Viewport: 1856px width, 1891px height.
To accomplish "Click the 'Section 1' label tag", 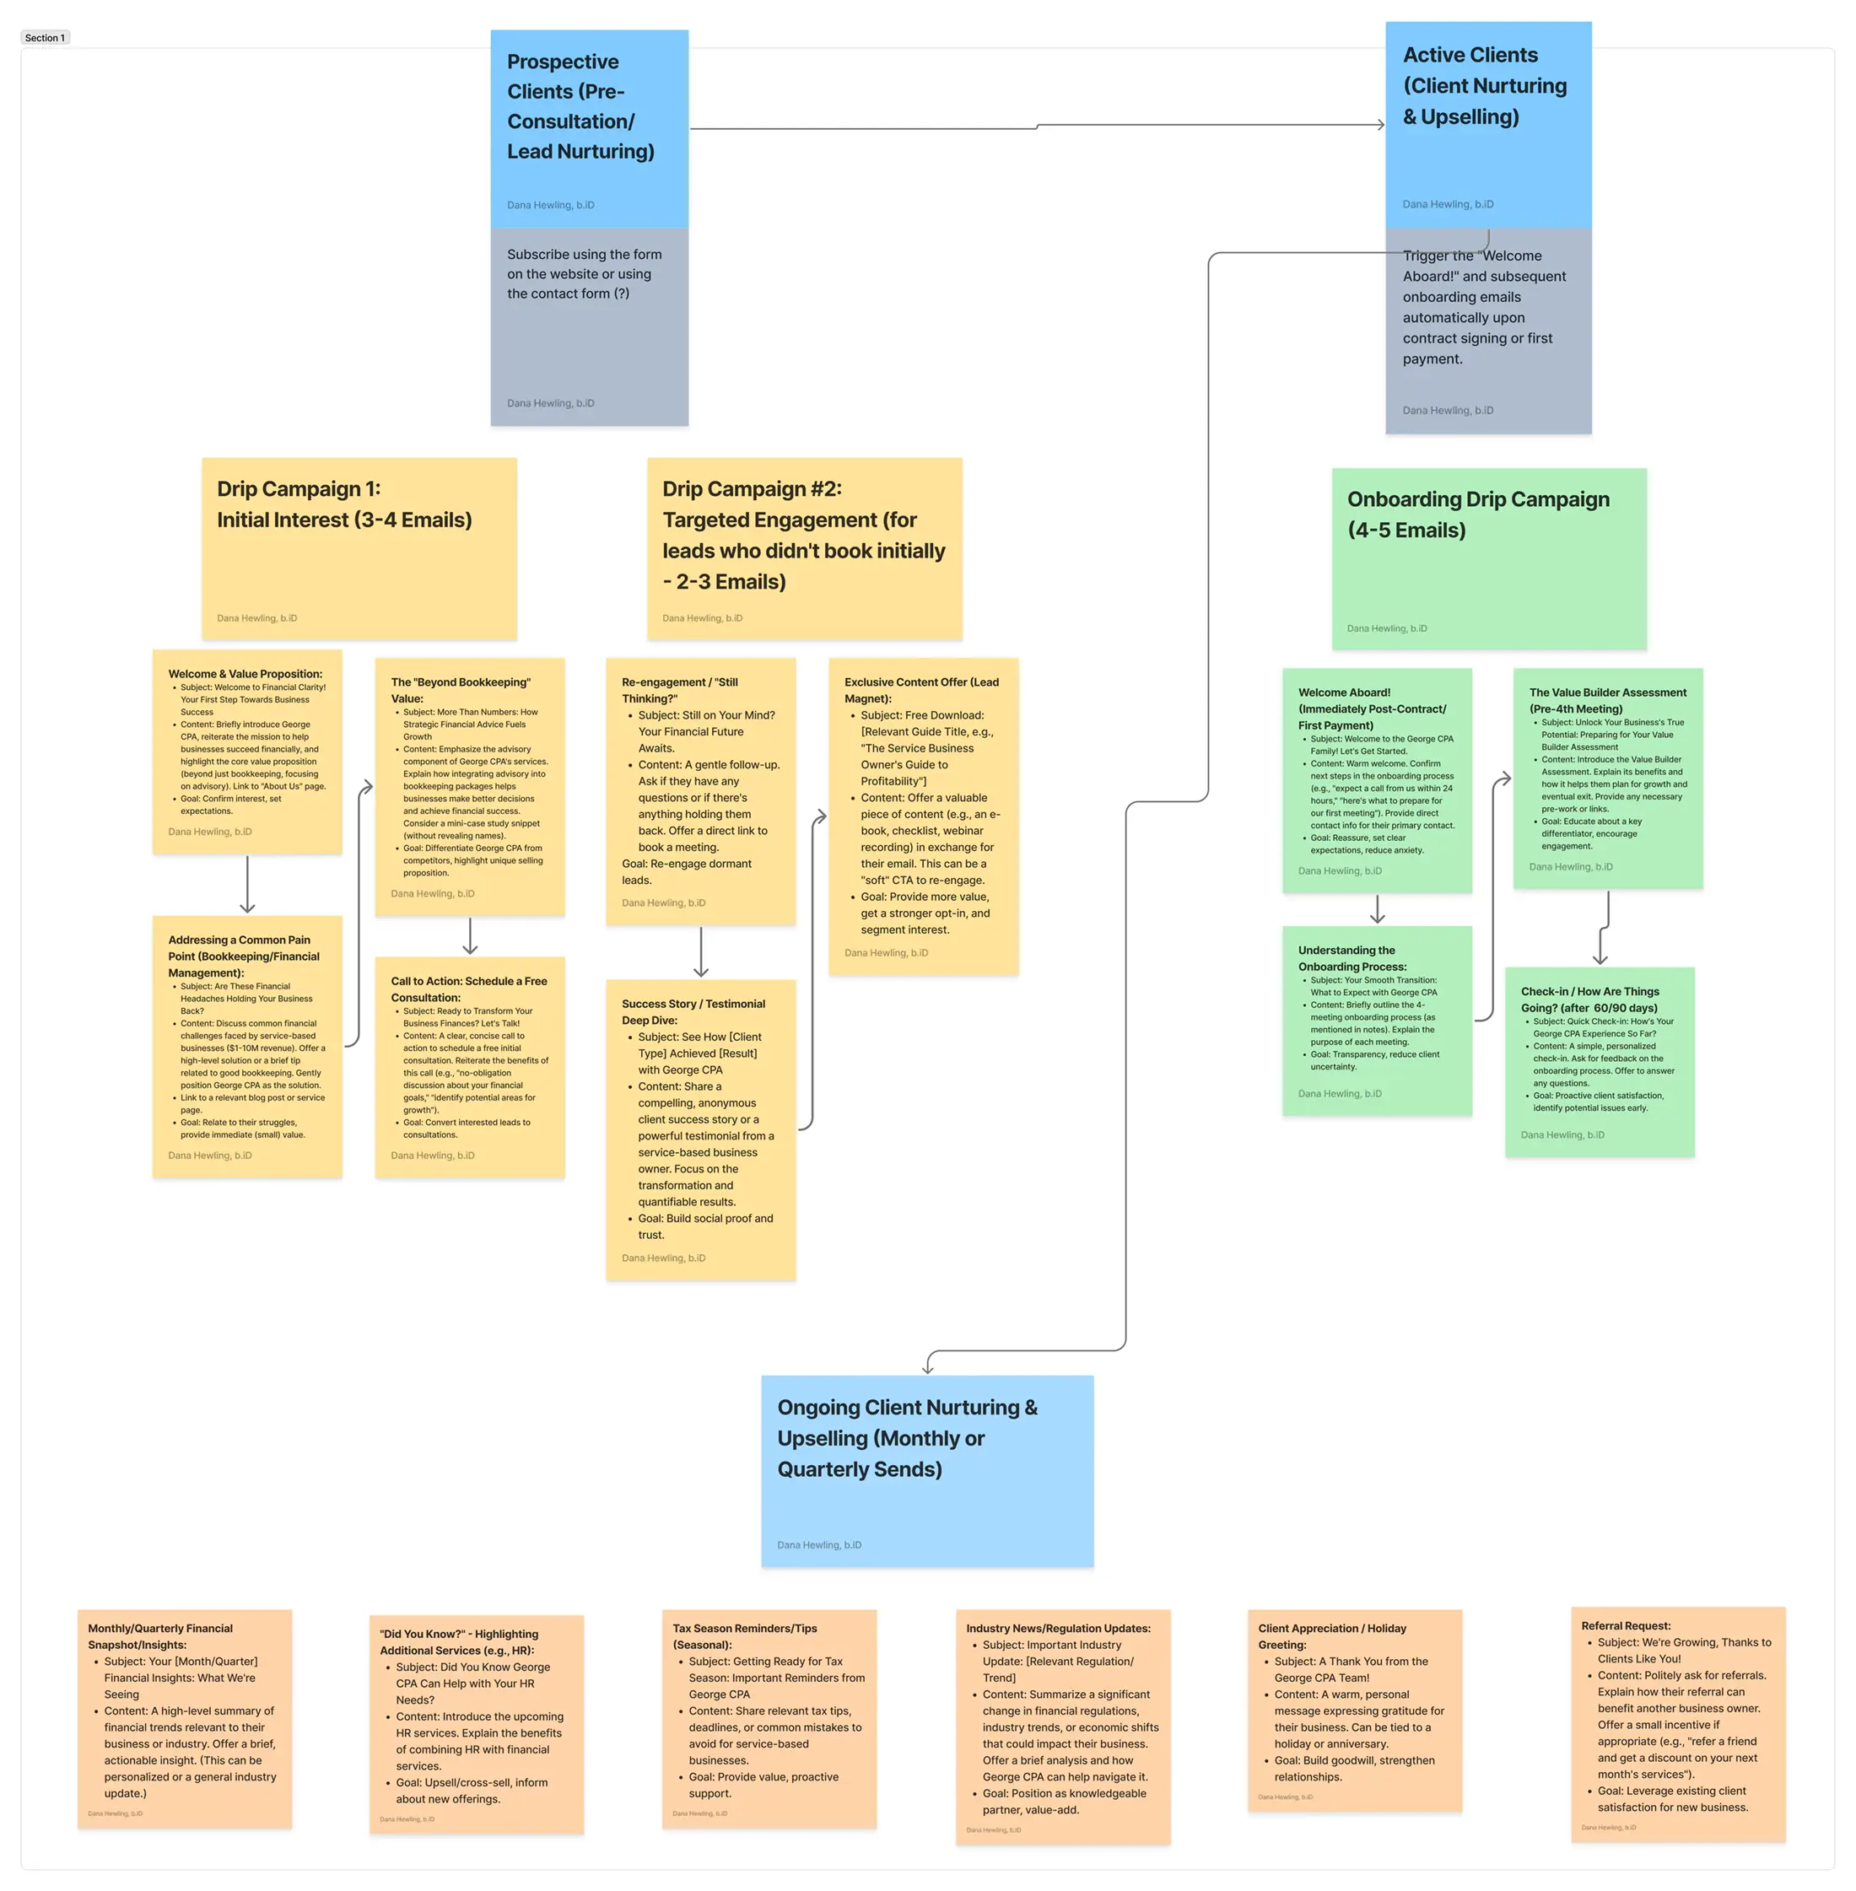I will pos(45,38).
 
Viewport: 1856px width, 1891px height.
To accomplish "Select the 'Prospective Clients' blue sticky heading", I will pos(580,106).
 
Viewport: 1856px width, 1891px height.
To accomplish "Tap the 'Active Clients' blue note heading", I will pos(1484,86).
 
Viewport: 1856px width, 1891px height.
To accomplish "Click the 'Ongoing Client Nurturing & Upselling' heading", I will pos(907,1438).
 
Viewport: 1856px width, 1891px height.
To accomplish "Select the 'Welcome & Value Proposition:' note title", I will pos(245,674).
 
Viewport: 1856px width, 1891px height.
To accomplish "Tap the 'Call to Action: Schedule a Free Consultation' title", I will pos(469,989).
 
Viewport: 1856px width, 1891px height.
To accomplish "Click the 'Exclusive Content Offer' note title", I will pos(921,690).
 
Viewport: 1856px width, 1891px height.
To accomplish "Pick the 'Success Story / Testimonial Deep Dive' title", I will pos(693,1012).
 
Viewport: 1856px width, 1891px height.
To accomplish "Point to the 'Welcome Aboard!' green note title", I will pos(1372,708).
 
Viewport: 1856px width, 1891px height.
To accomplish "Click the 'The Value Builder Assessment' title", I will pos(1606,700).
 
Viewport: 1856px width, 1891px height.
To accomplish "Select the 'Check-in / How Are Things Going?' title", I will pos(1589,999).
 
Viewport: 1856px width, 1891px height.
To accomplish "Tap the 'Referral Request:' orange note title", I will pos(1625,1626).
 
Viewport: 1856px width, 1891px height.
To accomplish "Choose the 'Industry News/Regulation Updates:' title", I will pos(1058,1628).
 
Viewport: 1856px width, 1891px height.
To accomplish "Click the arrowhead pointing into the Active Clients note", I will pos(1379,125).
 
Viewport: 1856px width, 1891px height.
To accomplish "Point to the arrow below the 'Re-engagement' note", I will pos(701,952).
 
